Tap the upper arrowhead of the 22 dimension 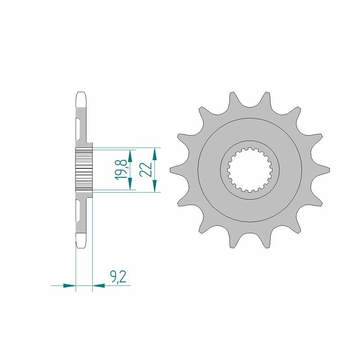154,155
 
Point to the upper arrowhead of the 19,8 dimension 130,157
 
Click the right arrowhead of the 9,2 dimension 99,285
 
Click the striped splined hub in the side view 83,170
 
